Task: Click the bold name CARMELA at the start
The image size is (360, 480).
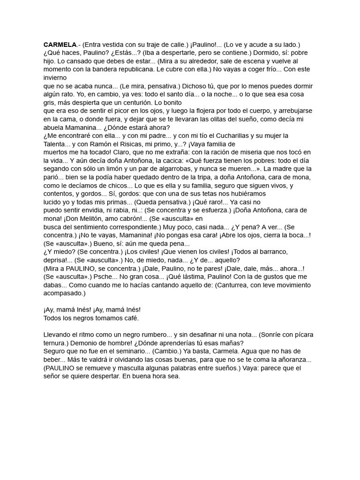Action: (60, 45)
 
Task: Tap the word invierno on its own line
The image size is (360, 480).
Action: (55, 78)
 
